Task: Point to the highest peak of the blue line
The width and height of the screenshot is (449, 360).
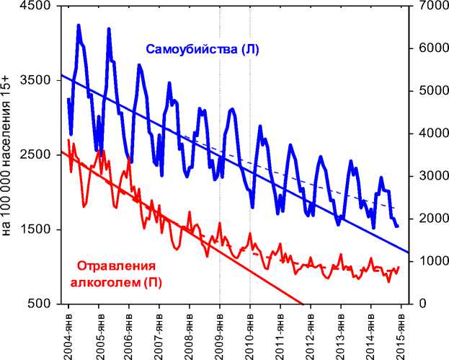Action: (79, 26)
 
